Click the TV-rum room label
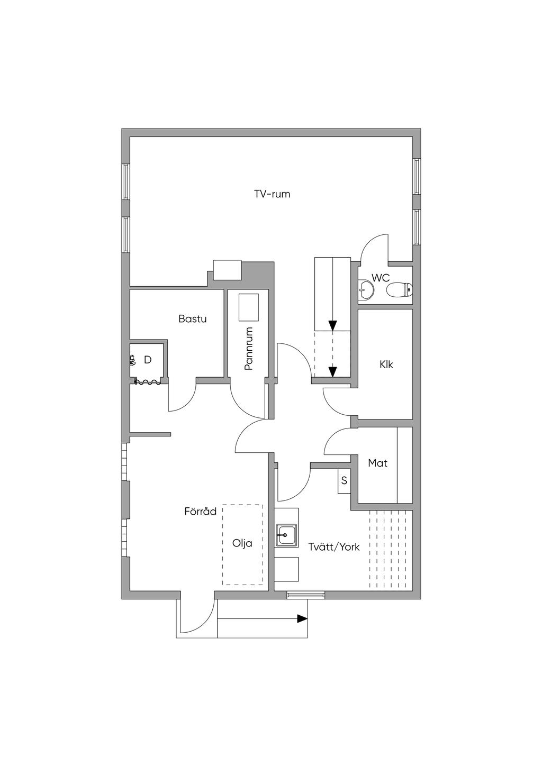(x=272, y=194)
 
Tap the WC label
(x=381, y=278)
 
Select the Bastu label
(x=192, y=319)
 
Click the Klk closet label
(x=386, y=364)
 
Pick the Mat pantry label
(x=377, y=463)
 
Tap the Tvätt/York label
(x=334, y=547)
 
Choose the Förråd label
(x=201, y=512)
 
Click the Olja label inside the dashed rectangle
(x=242, y=543)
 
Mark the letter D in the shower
(x=148, y=360)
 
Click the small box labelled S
(x=344, y=481)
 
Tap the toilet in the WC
(x=399, y=290)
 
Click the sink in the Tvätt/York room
(x=286, y=535)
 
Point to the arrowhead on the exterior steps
(x=302, y=618)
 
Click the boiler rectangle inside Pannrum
(x=248, y=307)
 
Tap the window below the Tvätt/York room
(x=306, y=595)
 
